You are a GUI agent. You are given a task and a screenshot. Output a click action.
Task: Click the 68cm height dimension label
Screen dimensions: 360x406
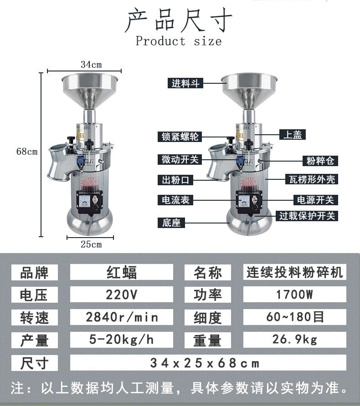click(27, 152)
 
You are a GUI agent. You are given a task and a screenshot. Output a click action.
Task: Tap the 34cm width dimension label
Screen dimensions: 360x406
click(91, 65)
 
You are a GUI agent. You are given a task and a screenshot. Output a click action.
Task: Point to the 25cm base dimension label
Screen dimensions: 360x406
click(91, 244)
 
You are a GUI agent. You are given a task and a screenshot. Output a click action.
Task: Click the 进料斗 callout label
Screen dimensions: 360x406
click(185, 83)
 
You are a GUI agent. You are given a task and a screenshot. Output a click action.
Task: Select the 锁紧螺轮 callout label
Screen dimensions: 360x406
click(180, 137)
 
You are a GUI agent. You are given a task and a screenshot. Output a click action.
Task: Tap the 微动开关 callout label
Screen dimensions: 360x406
click(180, 159)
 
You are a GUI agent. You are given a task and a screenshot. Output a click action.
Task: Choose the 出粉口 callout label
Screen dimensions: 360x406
click(175, 180)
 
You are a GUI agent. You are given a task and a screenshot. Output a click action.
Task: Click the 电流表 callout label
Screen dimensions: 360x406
click(175, 200)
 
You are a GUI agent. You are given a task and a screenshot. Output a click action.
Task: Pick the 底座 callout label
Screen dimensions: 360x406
click(171, 223)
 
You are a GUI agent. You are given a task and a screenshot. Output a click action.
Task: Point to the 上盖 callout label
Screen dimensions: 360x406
click(293, 135)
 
